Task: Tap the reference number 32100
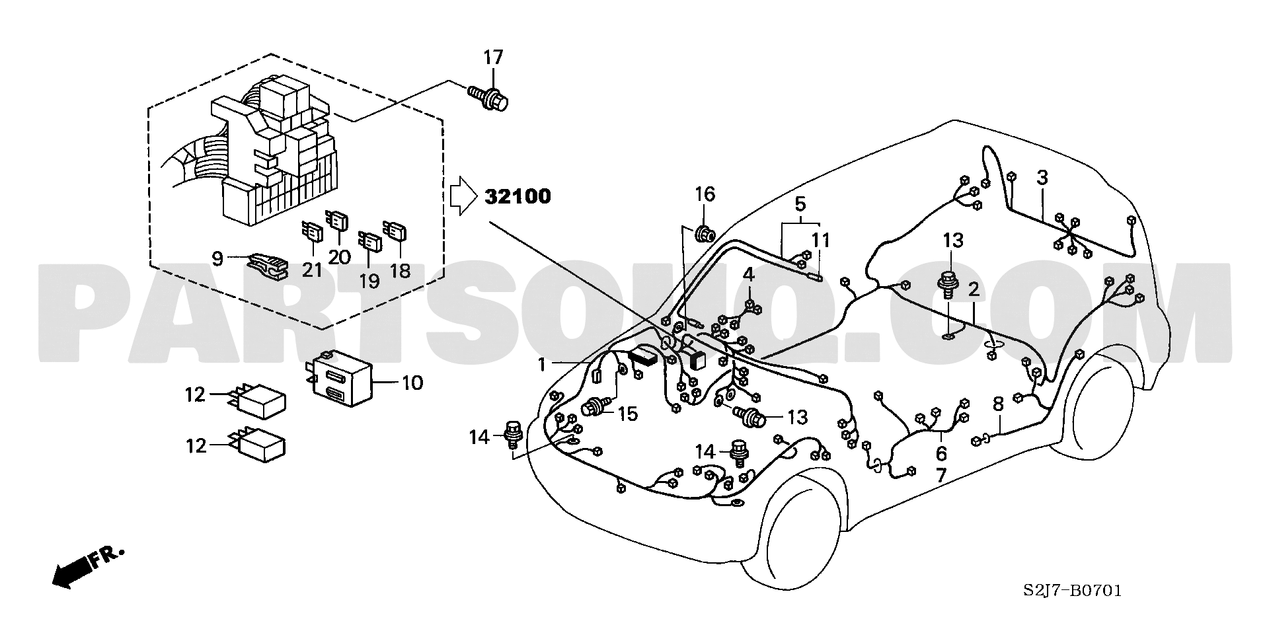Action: [x=518, y=196]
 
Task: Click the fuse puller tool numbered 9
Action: [x=266, y=266]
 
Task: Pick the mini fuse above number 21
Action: [x=312, y=233]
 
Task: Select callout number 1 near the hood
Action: [x=542, y=364]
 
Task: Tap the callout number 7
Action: [x=941, y=474]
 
